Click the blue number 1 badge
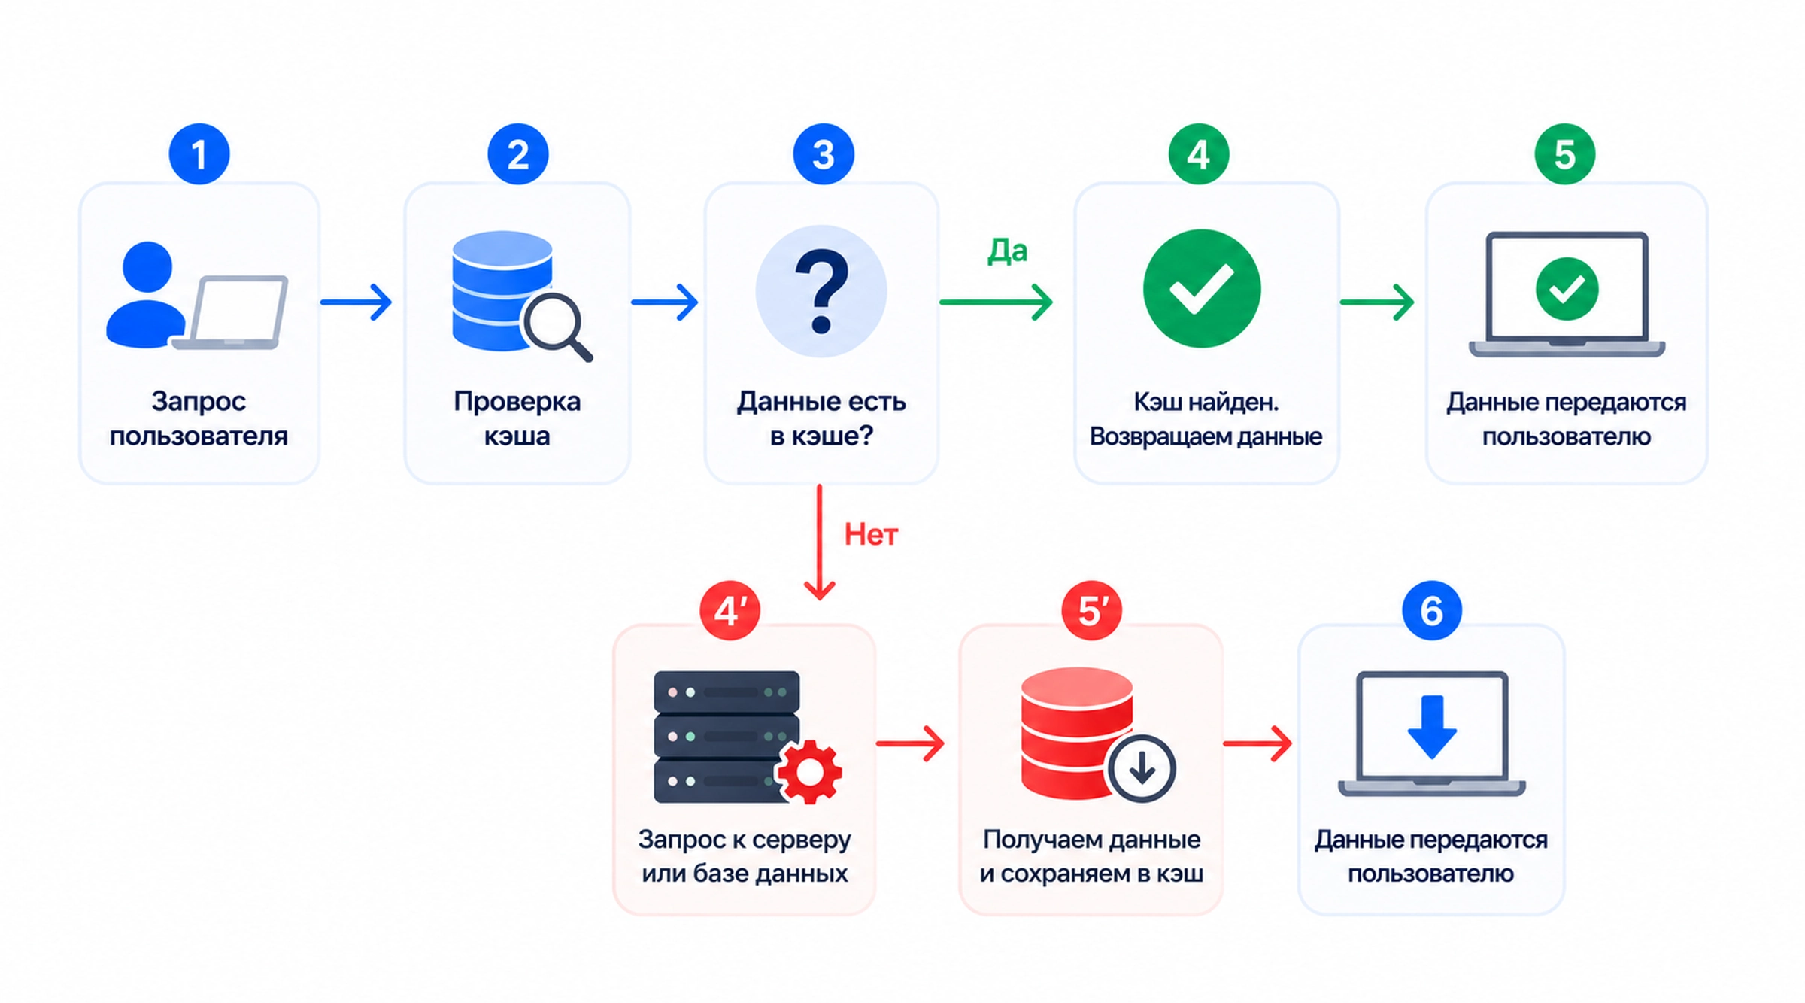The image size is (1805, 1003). pos(199,154)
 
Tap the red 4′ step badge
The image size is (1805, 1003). pos(730,610)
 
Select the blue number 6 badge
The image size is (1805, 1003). pos(1432,610)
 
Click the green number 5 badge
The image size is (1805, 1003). pos(1565,154)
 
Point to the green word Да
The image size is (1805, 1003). pos(1007,251)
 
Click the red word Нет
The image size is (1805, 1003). pos(871,535)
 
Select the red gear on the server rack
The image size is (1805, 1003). pos(809,771)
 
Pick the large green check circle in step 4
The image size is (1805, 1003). pos(1202,288)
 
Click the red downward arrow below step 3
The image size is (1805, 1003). pos(819,542)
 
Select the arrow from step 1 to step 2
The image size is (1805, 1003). pos(356,302)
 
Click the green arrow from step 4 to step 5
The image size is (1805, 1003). pos(1377,302)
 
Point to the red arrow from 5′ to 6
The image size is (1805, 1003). pos(1257,743)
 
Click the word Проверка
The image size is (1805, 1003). pos(517,402)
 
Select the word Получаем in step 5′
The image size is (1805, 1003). pos(1030,840)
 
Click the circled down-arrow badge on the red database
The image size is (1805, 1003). pos(1142,769)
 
